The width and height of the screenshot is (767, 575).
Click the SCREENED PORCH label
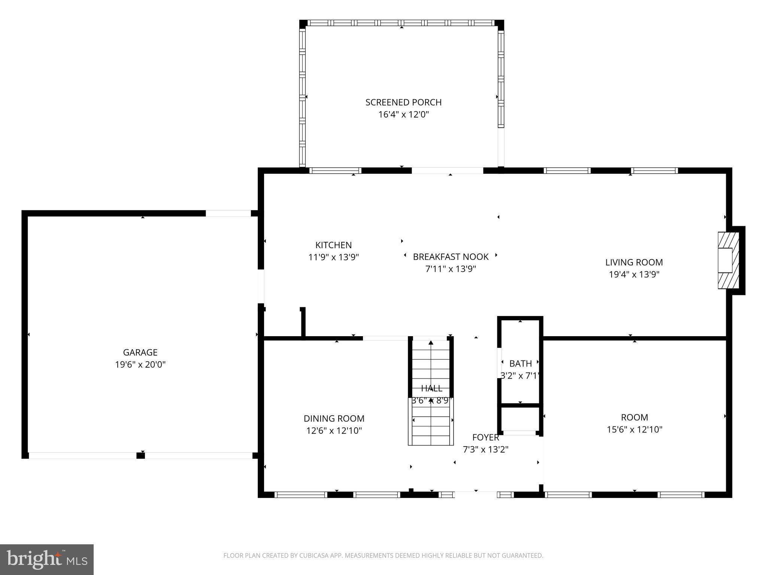point(403,102)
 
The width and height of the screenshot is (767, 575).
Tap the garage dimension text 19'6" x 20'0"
point(140,364)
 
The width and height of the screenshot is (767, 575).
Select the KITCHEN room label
point(333,245)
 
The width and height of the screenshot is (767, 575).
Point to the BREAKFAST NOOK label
point(451,257)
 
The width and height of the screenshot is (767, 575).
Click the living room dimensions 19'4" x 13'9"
point(634,274)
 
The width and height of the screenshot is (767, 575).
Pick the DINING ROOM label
point(334,419)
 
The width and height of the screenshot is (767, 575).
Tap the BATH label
point(520,363)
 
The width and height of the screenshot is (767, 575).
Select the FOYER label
point(485,437)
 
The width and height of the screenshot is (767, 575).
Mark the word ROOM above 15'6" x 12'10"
point(634,417)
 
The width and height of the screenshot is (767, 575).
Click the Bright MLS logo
point(47,559)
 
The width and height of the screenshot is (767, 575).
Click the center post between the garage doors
point(140,456)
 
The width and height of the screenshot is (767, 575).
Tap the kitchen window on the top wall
point(335,171)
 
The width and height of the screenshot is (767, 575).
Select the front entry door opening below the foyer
point(476,495)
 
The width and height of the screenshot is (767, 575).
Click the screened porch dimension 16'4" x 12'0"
point(403,115)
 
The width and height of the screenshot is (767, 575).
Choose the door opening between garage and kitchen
point(261,286)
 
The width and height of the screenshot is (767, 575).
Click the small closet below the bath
point(520,419)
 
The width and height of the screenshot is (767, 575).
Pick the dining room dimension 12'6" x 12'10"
point(334,431)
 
